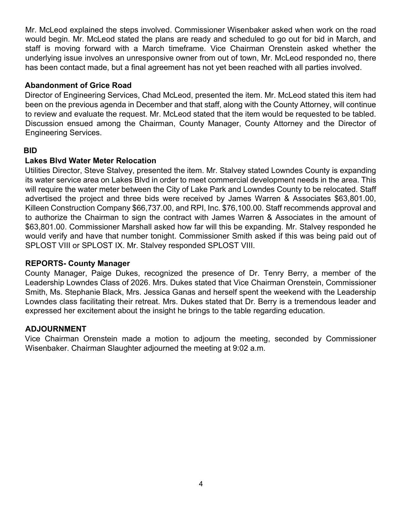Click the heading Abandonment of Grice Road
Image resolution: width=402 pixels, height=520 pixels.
pyautogui.click(x=78, y=85)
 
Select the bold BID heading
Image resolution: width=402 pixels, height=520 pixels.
pyautogui.click(x=30, y=151)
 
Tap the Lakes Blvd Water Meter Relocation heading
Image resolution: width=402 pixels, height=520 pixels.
pyautogui.click(x=90, y=161)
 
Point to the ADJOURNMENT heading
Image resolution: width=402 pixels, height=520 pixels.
pyautogui.click(x=55, y=329)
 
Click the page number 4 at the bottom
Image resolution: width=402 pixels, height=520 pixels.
pyautogui.click(x=201, y=484)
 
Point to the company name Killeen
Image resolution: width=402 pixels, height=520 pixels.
pyautogui.click(x=37, y=208)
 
